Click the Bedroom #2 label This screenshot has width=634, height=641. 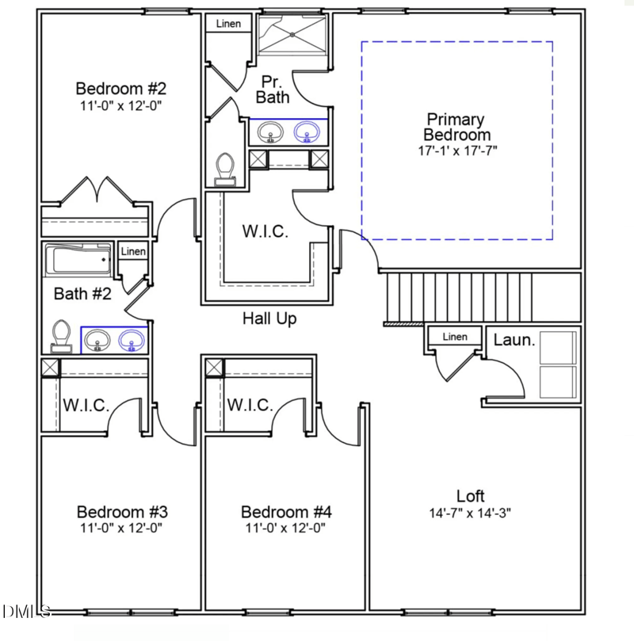(x=121, y=87)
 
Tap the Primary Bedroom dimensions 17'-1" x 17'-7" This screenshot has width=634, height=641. (x=457, y=149)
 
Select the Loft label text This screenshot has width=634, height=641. (x=470, y=496)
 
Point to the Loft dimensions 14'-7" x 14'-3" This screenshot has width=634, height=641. (x=470, y=512)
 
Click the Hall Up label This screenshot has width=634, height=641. (x=269, y=319)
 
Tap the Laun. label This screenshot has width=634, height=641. (x=515, y=341)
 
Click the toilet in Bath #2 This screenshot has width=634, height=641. (x=60, y=336)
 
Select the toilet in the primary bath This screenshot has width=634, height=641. (x=225, y=169)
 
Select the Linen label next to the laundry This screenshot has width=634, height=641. (x=455, y=337)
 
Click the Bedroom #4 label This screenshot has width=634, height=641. (x=285, y=512)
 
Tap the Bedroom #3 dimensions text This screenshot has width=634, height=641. (x=121, y=527)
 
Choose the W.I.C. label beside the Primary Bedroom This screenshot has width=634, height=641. (x=265, y=232)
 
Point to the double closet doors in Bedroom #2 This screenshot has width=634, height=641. (x=96, y=190)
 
